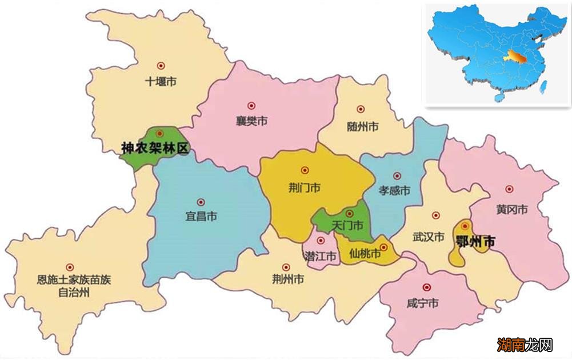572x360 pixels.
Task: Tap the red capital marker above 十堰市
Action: (x=161, y=66)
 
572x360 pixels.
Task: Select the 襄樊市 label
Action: (x=252, y=121)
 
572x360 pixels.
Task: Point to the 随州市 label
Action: (x=362, y=126)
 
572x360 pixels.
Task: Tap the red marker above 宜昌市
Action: (x=201, y=202)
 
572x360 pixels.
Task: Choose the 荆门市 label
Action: (x=305, y=187)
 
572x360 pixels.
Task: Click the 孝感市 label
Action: (x=395, y=191)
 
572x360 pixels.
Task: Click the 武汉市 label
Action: (x=428, y=237)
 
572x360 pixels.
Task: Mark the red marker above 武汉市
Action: (x=436, y=215)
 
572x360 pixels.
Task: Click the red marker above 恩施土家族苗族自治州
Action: (x=70, y=267)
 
